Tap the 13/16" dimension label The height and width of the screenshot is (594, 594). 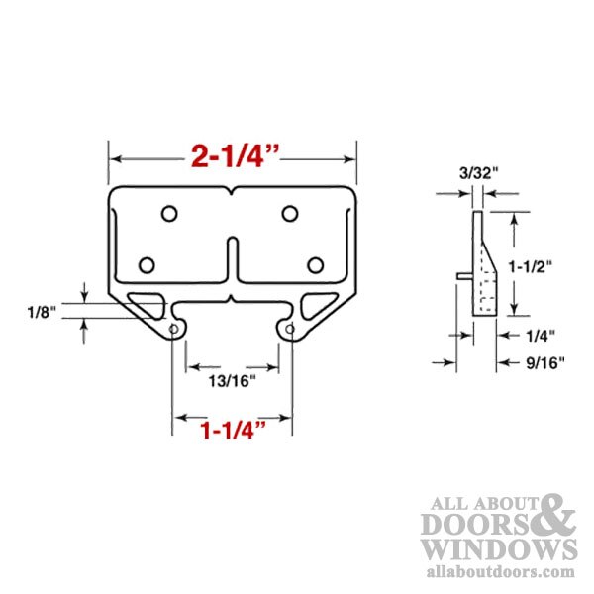(234, 378)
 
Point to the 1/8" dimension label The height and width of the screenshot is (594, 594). (42, 311)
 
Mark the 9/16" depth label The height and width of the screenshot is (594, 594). (543, 362)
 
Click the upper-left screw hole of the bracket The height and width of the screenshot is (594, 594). (169, 213)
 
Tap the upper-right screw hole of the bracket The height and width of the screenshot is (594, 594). (289, 213)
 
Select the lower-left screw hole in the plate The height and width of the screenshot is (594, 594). (148, 264)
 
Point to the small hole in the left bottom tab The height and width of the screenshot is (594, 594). (175, 328)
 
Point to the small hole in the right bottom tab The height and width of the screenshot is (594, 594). (290, 328)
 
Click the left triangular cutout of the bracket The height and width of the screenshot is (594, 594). (149, 303)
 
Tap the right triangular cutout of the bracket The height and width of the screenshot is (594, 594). (316, 303)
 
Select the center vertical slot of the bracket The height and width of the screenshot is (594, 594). (231, 261)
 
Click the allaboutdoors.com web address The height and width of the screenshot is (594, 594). (498, 571)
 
